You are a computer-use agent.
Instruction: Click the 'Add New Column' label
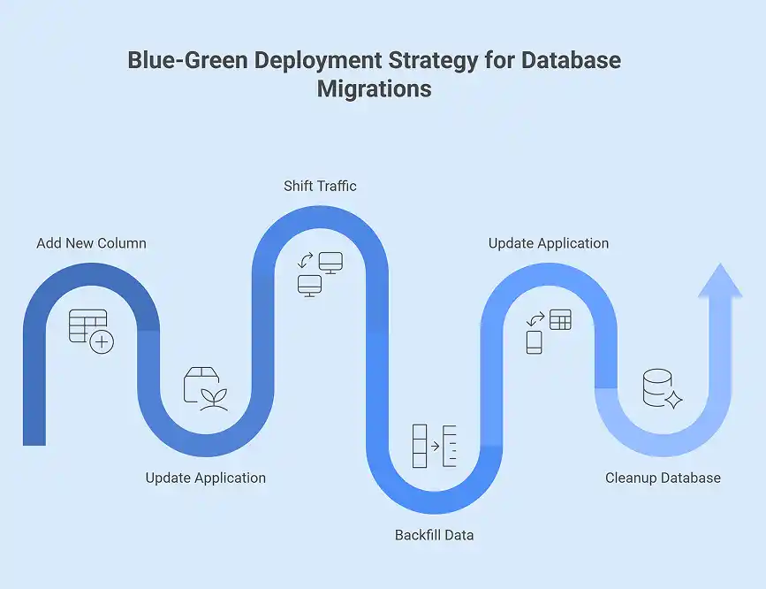tap(91, 243)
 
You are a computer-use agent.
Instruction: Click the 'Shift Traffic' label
tap(320, 186)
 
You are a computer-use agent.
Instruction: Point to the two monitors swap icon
tap(319, 273)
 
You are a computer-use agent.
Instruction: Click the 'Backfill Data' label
tap(434, 535)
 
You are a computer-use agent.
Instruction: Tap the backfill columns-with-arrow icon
tap(434, 446)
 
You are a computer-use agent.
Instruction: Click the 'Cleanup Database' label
tap(663, 478)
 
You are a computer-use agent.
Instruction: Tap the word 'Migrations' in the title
tap(375, 89)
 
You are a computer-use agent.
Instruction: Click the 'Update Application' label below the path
tap(205, 478)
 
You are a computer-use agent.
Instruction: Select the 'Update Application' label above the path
tap(548, 243)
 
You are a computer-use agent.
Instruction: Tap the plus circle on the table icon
tap(102, 341)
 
